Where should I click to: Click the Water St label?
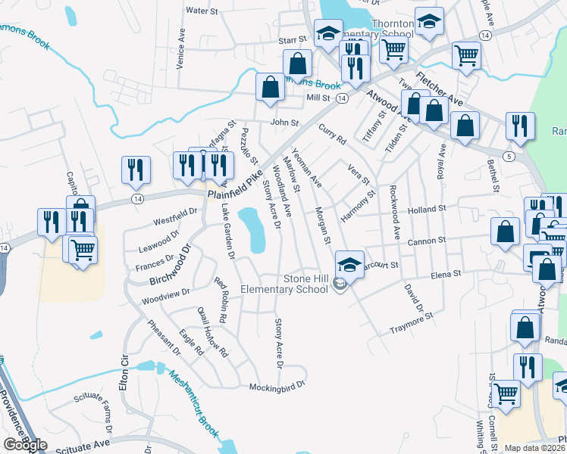pos(202,11)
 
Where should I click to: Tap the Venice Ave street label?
pos(181,50)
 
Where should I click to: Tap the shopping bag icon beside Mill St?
pos(270,88)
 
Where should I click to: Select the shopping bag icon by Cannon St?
pos(505,234)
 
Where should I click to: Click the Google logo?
pos(25,444)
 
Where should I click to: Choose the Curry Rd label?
pos(332,135)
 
